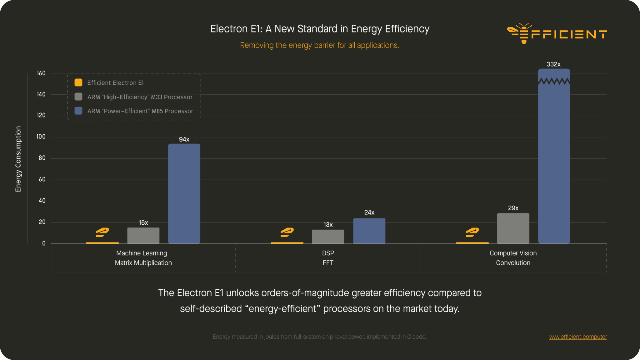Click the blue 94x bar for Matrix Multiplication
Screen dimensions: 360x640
pos(184,194)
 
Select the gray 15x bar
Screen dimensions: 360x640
pos(143,236)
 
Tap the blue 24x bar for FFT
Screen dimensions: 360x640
pos(369,231)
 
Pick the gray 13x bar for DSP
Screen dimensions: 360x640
pos(328,237)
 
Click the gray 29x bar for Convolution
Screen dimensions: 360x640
pos(513,228)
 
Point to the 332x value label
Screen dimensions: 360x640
pos(553,64)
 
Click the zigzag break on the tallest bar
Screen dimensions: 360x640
pos(554,82)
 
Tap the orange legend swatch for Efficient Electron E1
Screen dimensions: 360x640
pos(78,82)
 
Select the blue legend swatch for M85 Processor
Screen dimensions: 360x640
pos(78,111)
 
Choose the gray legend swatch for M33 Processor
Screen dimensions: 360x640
pos(78,97)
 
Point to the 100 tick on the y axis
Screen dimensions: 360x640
pos(41,137)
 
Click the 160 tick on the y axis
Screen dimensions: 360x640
pos(41,73)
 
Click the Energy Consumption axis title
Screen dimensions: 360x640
pos(18,159)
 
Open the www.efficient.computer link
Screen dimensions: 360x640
pos(578,337)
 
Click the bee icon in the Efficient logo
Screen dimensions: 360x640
pos(519,33)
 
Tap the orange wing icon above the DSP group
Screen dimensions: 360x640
pos(287,232)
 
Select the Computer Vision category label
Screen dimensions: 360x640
pos(513,253)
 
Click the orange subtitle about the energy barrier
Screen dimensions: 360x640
pos(320,45)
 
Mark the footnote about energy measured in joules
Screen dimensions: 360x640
pos(320,337)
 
